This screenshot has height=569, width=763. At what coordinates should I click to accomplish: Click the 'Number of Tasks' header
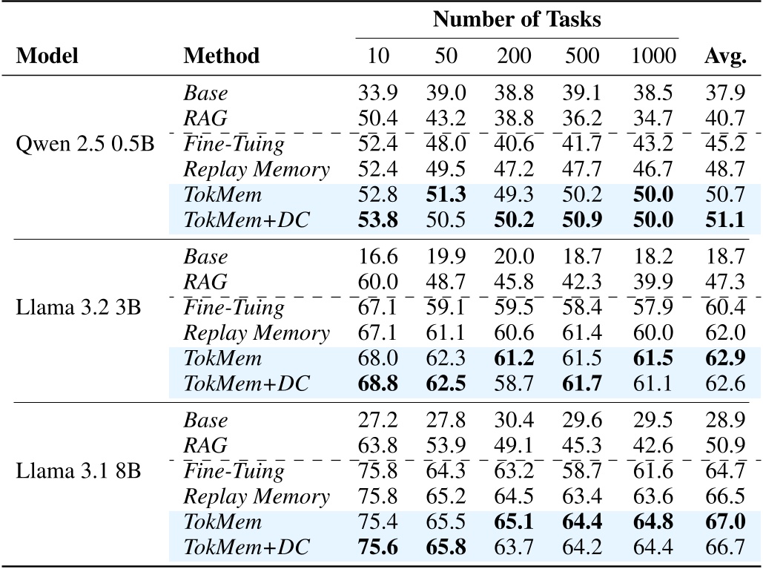[517, 19]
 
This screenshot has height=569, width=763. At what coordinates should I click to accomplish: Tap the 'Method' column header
[222, 56]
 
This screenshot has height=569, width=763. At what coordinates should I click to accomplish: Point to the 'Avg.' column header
[724, 56]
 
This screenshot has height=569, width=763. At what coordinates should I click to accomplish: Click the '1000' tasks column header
[655, 56]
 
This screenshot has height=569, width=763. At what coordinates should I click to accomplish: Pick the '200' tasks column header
[514, 56]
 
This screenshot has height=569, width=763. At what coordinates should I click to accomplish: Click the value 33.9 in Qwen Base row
[377, 93]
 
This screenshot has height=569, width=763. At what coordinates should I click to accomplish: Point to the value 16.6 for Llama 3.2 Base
[377, 257]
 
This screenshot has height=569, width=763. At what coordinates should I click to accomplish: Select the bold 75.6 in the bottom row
[377, 548]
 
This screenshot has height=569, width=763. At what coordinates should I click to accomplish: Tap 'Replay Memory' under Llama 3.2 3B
[257, 333]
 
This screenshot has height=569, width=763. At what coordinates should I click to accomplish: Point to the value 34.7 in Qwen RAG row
[655, 118]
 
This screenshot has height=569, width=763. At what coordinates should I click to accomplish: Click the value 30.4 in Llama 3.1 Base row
[514, 420]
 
